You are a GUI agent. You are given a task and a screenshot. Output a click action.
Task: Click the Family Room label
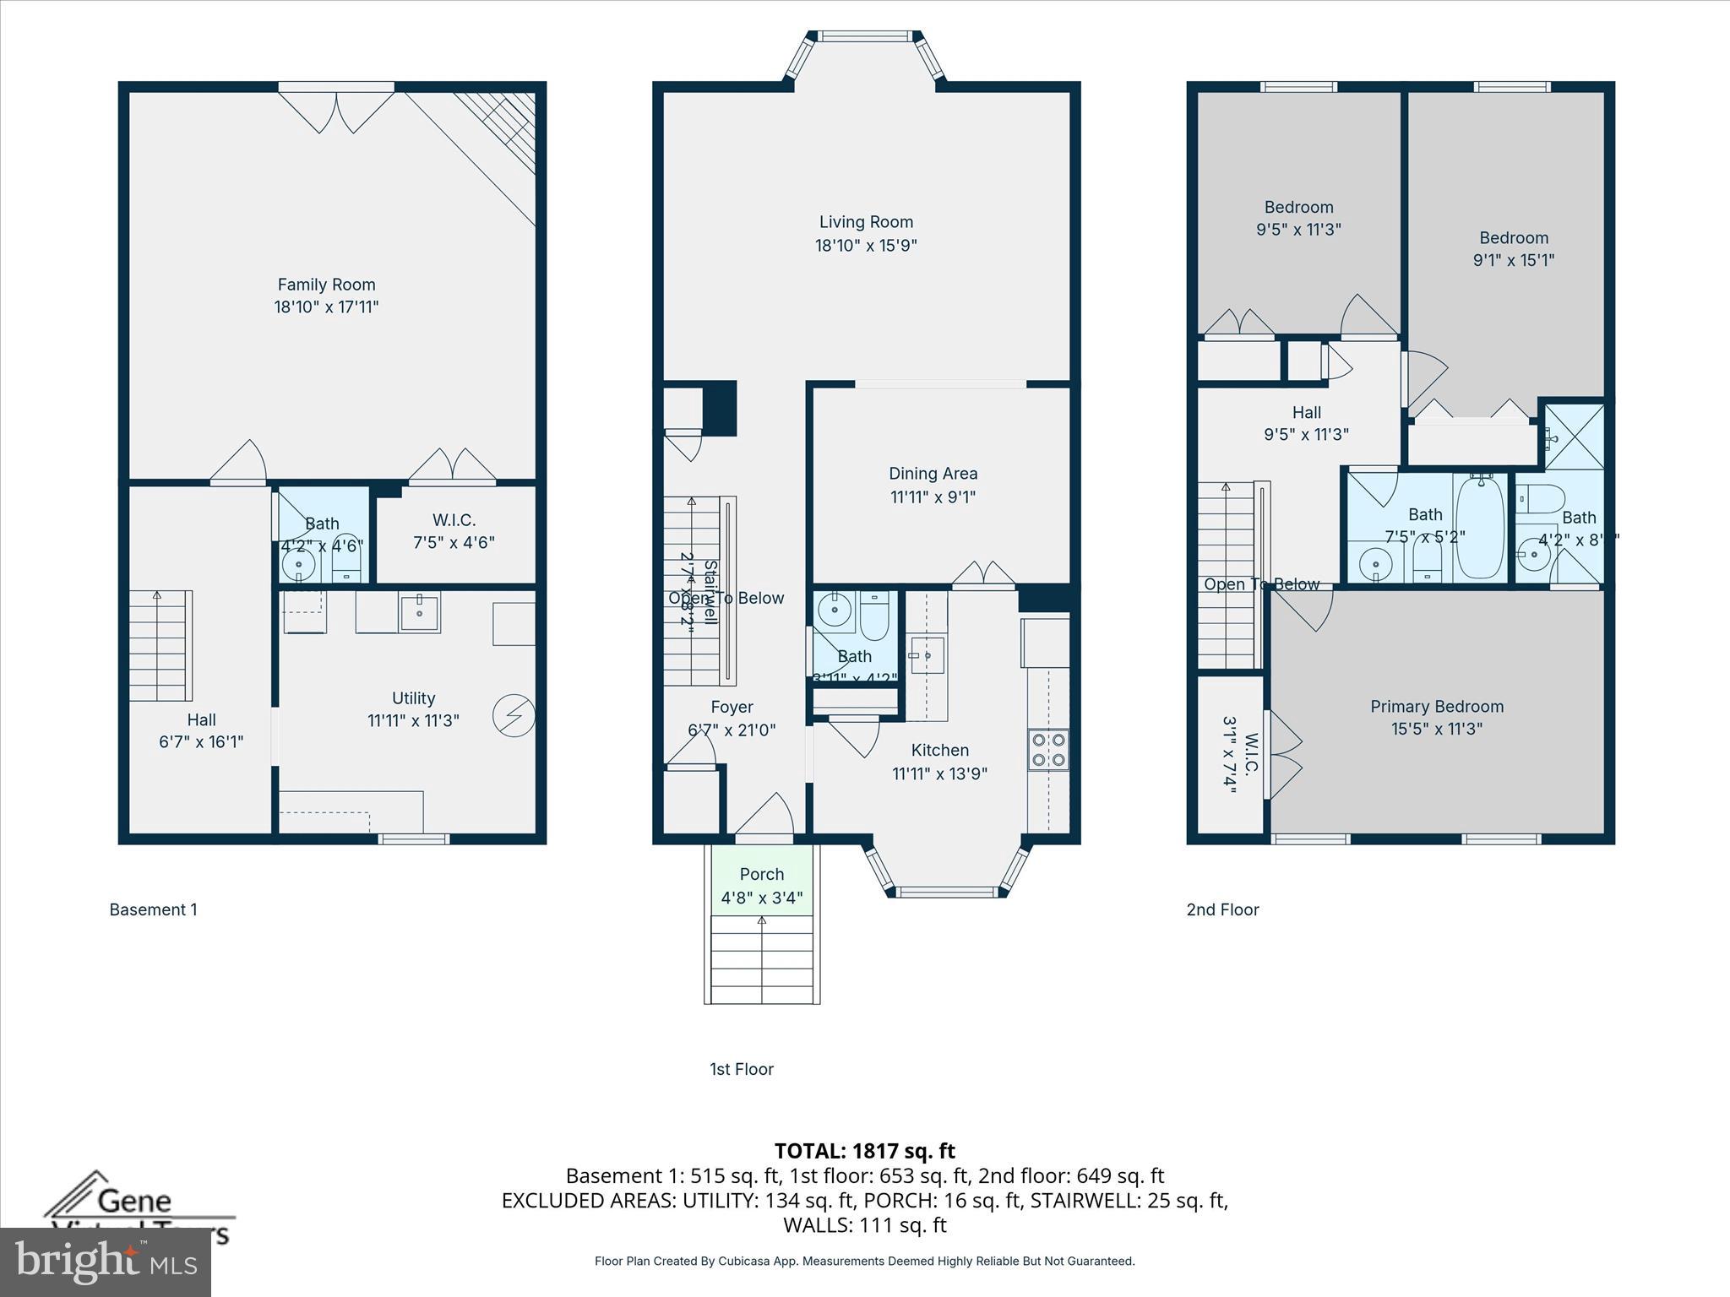coord(326,285)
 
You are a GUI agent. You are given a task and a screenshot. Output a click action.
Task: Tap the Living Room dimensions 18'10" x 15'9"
coord(866,246)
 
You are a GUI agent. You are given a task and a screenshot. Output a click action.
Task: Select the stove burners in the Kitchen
coord(1048,750)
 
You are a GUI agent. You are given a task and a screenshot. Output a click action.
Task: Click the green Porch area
coord(762,885)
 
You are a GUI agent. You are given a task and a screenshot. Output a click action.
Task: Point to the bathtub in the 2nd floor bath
coord(1481,526)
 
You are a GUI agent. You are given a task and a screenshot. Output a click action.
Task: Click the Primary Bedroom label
coord(1436,707)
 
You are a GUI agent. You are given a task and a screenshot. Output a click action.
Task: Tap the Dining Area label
coord(933,474)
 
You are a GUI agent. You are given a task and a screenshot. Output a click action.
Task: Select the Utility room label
coord(413,698)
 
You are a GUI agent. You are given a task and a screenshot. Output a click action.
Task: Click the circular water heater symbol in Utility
coord(514,715)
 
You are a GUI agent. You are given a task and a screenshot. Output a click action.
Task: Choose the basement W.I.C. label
coord(454,520)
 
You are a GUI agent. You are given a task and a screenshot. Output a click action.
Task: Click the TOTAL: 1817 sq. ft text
coord(864,1151)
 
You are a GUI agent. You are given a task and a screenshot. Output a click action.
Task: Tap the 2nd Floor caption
coord(1222,909)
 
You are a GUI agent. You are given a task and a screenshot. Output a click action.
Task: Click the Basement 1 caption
coord(153,909)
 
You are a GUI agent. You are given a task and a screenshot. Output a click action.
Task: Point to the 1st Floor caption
coord(741,1069)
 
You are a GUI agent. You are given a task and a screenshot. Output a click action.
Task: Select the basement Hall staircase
coord(160,646)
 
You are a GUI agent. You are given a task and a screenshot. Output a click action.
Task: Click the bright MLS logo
coord(106,1262)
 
